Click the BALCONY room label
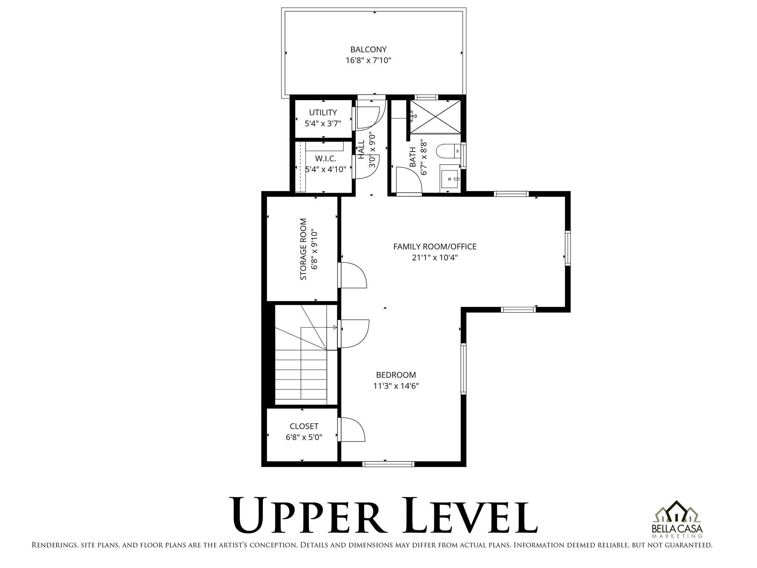point(368,50)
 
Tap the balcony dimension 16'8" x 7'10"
point(368,60)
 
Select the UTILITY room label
point(323,112)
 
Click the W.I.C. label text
point(325,159)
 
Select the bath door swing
point(408,180)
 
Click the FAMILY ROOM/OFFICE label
point(435,247)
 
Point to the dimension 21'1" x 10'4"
point(435,257)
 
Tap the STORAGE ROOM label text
point(303,249)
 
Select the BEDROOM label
point(396,375)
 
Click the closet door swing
point(352,430)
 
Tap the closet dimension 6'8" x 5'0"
point(304,437)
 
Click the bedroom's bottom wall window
point(388,464)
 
